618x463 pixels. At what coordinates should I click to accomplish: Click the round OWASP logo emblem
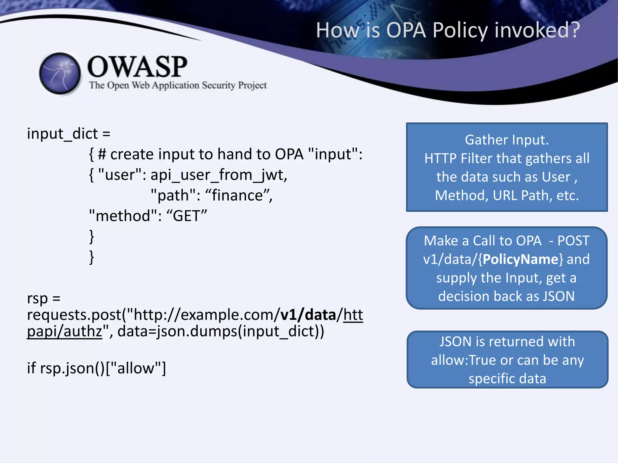(60, 73)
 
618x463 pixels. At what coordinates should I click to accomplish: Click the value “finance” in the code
(238, 195)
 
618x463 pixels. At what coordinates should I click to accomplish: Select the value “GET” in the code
(186, 216)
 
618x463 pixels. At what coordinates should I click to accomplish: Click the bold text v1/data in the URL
(308, 315)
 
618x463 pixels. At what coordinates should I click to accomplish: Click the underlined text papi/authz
(65, 331)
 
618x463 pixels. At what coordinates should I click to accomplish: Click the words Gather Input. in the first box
(507, 140)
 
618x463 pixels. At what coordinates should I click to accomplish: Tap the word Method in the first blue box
(461, 195)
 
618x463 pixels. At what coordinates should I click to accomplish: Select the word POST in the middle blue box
(573, 241)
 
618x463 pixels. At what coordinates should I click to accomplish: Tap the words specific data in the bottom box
(507, 379)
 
